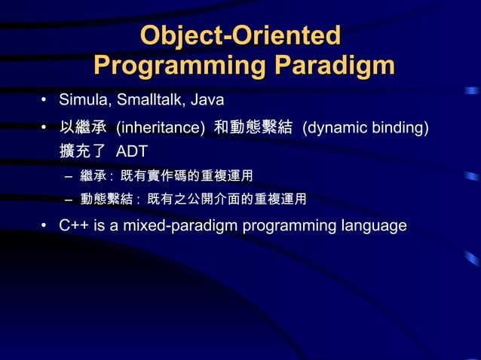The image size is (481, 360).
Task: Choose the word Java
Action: tap(207, 99)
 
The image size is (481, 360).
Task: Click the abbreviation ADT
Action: tap(131, 152)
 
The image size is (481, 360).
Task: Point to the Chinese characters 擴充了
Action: tap(82, 152)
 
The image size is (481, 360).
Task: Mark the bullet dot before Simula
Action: tap(44, 100)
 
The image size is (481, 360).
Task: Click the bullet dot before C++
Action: tap(44, 226)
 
